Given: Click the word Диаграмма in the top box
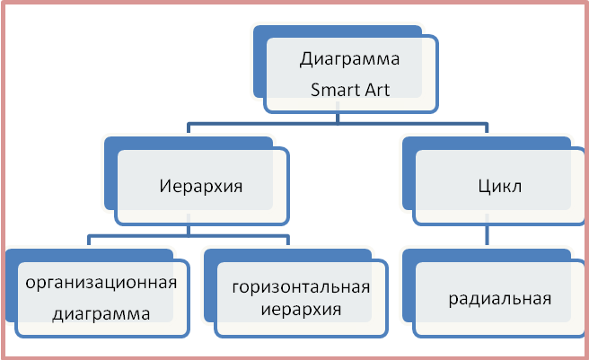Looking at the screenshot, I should tap(348, 61).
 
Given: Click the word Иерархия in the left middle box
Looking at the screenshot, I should tap(201, 188).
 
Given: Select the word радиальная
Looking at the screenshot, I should tap(499, 298).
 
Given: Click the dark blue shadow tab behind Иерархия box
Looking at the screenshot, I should tap(110, 171).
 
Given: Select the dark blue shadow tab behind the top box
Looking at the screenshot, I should tap(260, 63).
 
